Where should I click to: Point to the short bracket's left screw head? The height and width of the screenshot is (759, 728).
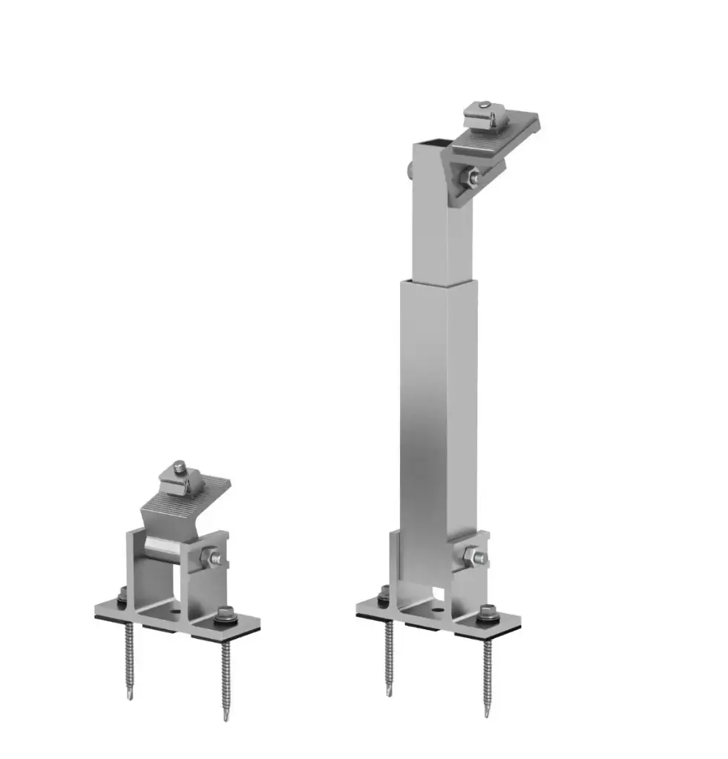tap(122, 593)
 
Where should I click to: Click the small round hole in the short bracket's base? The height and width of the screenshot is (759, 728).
tap(172, 613)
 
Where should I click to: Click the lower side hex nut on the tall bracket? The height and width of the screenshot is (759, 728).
tap(472, 555)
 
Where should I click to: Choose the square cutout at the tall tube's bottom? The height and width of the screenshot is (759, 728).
tap(442, 592)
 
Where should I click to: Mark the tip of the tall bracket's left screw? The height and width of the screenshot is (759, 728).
tap(389, 692)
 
